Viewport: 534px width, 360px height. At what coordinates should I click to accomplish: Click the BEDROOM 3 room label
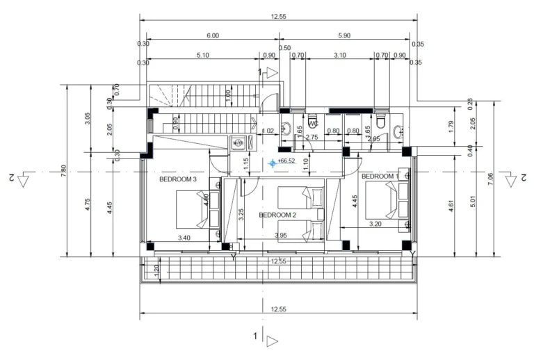click(x=178, y=179)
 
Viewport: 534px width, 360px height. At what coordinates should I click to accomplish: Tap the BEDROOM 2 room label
click(x=277, y=215)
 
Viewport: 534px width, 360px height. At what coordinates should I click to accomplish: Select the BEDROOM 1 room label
click(x=380, y=177)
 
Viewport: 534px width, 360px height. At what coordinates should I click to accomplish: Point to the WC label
click(x=314, y=124)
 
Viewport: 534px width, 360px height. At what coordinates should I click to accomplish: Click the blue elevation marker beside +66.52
click(x=272, y=163)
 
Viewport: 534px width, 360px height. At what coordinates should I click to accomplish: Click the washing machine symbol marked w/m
click(x=238, y=143)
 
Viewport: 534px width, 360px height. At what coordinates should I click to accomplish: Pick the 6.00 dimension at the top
click(x=212, y=35)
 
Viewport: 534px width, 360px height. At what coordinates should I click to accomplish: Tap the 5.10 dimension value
click(x=204, y=55)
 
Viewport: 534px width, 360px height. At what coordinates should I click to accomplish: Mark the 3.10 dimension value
click(x=340, y=55)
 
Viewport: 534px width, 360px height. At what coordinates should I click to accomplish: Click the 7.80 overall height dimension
click(x=63, y=170)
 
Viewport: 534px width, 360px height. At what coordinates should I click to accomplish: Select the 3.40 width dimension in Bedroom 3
click(x=184, y=238)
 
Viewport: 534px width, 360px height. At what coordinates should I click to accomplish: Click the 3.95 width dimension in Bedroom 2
click(x=282, y=237)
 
